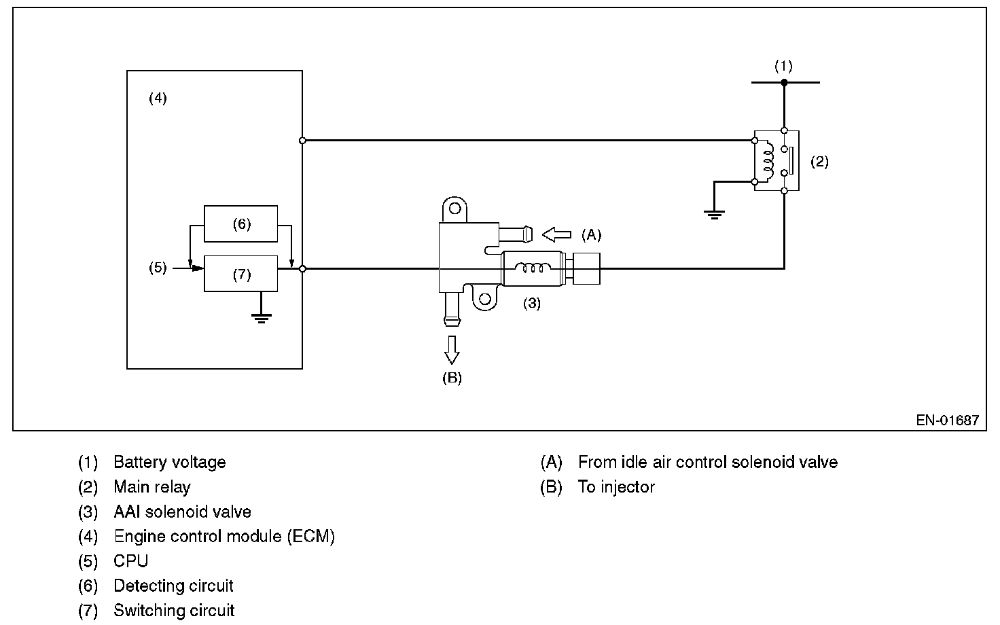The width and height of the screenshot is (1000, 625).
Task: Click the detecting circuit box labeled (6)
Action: click(240, 224)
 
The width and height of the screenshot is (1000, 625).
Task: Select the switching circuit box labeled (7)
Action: click(240, 274)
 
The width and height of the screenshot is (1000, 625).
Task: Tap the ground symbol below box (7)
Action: click(261, 315)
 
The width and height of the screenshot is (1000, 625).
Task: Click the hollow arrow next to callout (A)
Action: click(556, 235)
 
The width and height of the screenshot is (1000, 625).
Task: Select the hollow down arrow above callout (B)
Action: click(451, 349)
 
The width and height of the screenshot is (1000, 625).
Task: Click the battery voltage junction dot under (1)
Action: click(784, 82)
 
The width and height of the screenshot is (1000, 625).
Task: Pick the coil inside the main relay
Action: click(768, 161)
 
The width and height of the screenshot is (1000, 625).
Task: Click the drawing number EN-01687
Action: click(947, 420)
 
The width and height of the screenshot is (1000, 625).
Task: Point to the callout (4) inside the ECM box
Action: click(158, 99)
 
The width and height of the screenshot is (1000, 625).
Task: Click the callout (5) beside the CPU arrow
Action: click(158, 268)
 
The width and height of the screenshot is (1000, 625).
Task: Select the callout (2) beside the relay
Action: click(819, 162)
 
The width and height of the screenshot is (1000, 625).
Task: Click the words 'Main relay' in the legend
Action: click(152, 487)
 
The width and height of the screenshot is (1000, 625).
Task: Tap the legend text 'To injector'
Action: click(616, 487)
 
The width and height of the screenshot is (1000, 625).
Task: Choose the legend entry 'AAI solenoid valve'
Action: click(182, 512)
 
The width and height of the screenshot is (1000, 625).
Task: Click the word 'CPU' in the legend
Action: click(130, 561)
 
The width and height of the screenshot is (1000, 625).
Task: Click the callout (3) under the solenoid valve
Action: click(531, 304)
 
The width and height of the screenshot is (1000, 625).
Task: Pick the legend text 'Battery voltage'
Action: click(169, 463)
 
